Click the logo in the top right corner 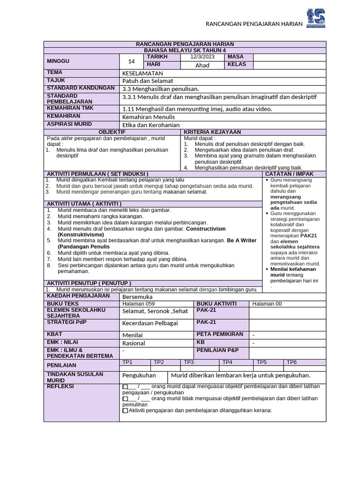point(315,18)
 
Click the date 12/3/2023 point(202,57)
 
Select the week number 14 point(131,61)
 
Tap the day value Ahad point(202,65)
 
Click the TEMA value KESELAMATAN point(142,74)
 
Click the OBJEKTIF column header point(112,132)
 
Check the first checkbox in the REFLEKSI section point(125,387)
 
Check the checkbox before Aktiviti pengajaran point(125,411)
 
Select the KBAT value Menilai point(132,335)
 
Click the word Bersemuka point(137,297)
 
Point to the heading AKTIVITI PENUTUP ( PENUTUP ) point(89,283)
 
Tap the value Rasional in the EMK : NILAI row point(134,343)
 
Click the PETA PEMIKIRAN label point(220,334)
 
